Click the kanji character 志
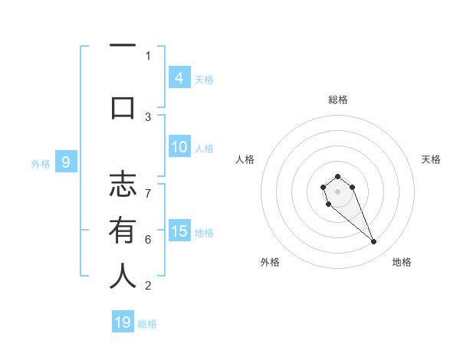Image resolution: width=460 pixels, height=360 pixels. point(123,186)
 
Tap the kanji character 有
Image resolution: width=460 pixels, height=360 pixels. point(123,231)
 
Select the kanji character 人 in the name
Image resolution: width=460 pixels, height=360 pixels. point(123,277)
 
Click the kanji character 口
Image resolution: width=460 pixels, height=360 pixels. point(123,107)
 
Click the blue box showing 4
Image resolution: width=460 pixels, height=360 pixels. point(179,77)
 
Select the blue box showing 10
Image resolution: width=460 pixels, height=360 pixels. point(179,147)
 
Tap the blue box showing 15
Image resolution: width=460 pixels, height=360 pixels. point(179,231)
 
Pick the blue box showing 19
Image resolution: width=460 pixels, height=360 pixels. point(123,322)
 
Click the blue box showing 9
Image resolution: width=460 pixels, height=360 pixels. point(66,162)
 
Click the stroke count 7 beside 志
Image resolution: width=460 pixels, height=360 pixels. point(148,186)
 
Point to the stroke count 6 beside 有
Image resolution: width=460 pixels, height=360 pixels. point(148,240)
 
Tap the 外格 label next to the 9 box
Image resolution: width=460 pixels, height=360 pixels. point(40,163)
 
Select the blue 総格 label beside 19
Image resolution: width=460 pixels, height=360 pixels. point(147,324)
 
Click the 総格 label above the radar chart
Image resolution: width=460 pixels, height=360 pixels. point(337,100)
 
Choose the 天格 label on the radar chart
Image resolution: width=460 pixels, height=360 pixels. point(431,159)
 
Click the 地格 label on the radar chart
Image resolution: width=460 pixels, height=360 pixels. point(402,262)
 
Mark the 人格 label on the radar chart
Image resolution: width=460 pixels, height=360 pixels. point(245,159)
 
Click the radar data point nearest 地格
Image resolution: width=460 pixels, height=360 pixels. point(374,242)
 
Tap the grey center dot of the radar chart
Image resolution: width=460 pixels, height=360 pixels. point(337,191)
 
